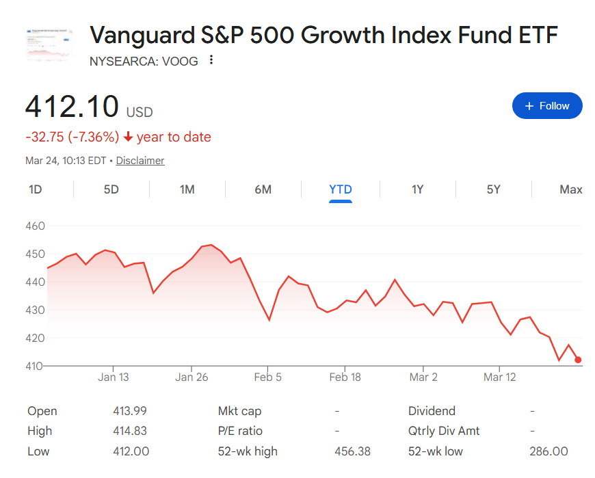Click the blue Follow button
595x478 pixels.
pyautogui.click(x=547, y=106)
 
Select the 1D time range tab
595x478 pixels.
pyautogui.click(x=35, y=189)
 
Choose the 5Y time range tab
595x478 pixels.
pyautogui.click(x=493, y=189)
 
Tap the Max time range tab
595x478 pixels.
pyautogui.click(x=570, y=189)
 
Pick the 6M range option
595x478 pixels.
pyautogui.click(x=263, y=189)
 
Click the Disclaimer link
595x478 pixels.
pyautogui.click(x=140, y=161)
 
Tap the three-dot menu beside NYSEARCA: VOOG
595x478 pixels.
pyautogui.click(x=211, y=60)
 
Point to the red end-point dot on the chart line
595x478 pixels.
pyautogui.click(x=578, y=360)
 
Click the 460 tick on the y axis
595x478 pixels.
pyautogui.click(x=35, y=226)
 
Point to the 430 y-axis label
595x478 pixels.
pyautogui.click(x=35, y=310)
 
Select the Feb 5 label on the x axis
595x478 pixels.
pyautogui.click(x=267, y=377)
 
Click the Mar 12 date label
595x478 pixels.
pyautogui.click(x=500, y=377)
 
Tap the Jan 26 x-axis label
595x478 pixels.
pyautogui.click(x=191, y=377)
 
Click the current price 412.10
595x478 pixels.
pyautogui.click(x=72, y=107)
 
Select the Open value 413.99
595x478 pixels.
pyautogui.click(x=130, y=411)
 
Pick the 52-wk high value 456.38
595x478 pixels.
pyautogui.click(x=352, y=451)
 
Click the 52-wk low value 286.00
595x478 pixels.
pyautogui.click(x=548, y=451)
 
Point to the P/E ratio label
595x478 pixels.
pyautogui.click(x=240, y=431)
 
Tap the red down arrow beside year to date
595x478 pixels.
pyautogui.click(x=128, y=137)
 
